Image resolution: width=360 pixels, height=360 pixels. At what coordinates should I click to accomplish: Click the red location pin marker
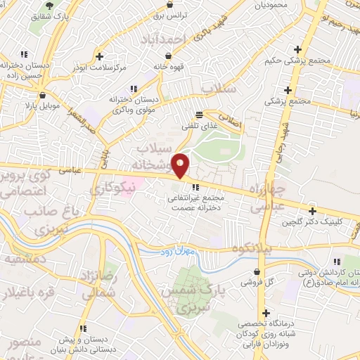pyautogui.click(x=181, y=166)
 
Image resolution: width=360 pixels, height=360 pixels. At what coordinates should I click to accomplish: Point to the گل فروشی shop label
pyautogui.click(x=258, y=281)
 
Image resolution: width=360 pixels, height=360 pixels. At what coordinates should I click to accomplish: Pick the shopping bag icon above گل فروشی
pyautogui.click(x=259, y=271)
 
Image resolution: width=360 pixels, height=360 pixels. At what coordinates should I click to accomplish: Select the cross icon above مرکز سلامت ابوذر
pyautogui.click(x=100, y=56)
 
